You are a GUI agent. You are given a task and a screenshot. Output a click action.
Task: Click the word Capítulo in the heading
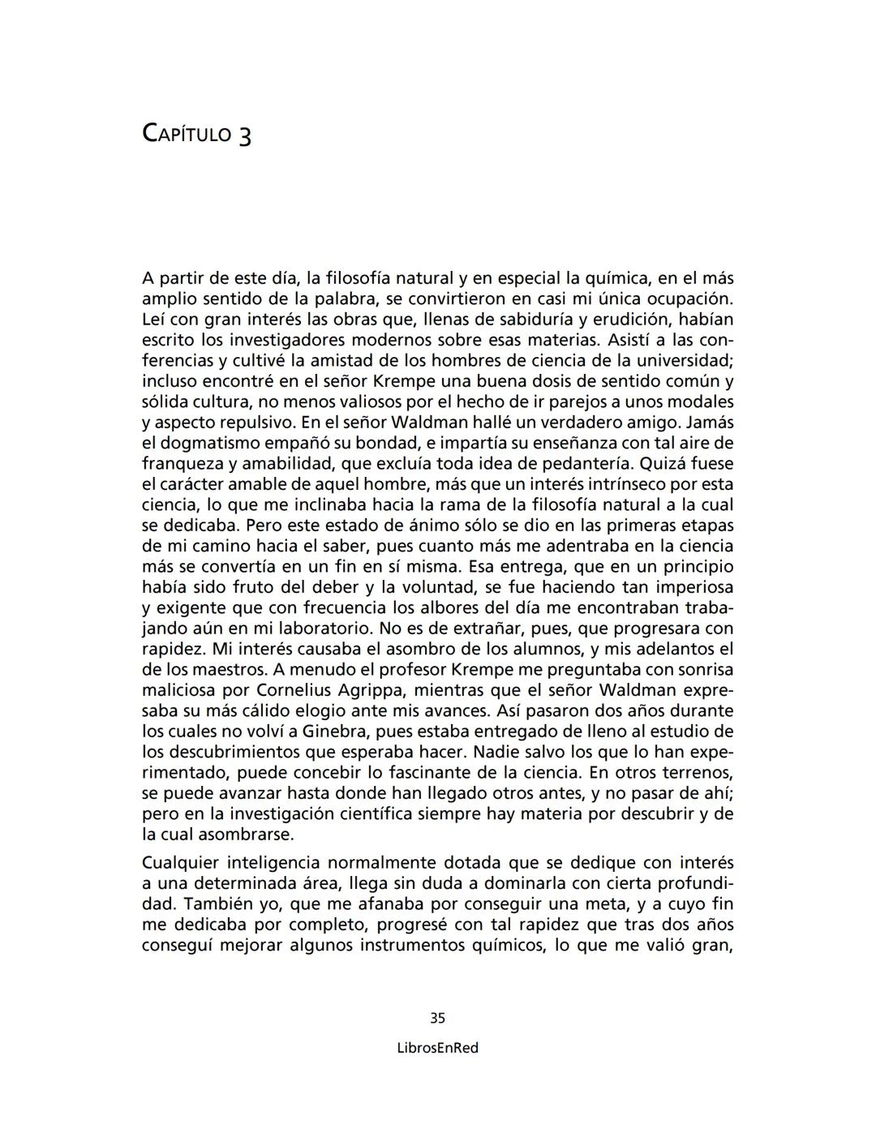(x=187, y=133)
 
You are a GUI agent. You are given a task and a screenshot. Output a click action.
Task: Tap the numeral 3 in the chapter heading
(x=244, y=135)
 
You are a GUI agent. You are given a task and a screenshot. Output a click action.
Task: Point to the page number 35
(x=437, y=1018)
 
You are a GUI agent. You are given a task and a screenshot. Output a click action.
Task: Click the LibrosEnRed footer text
(x=437, y=1048)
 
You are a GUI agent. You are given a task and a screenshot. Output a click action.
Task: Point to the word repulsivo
(x=254, y=423)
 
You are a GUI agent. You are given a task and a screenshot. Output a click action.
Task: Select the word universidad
(x=681, y=360)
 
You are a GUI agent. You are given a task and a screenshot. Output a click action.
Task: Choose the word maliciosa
(x=179, y=690)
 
